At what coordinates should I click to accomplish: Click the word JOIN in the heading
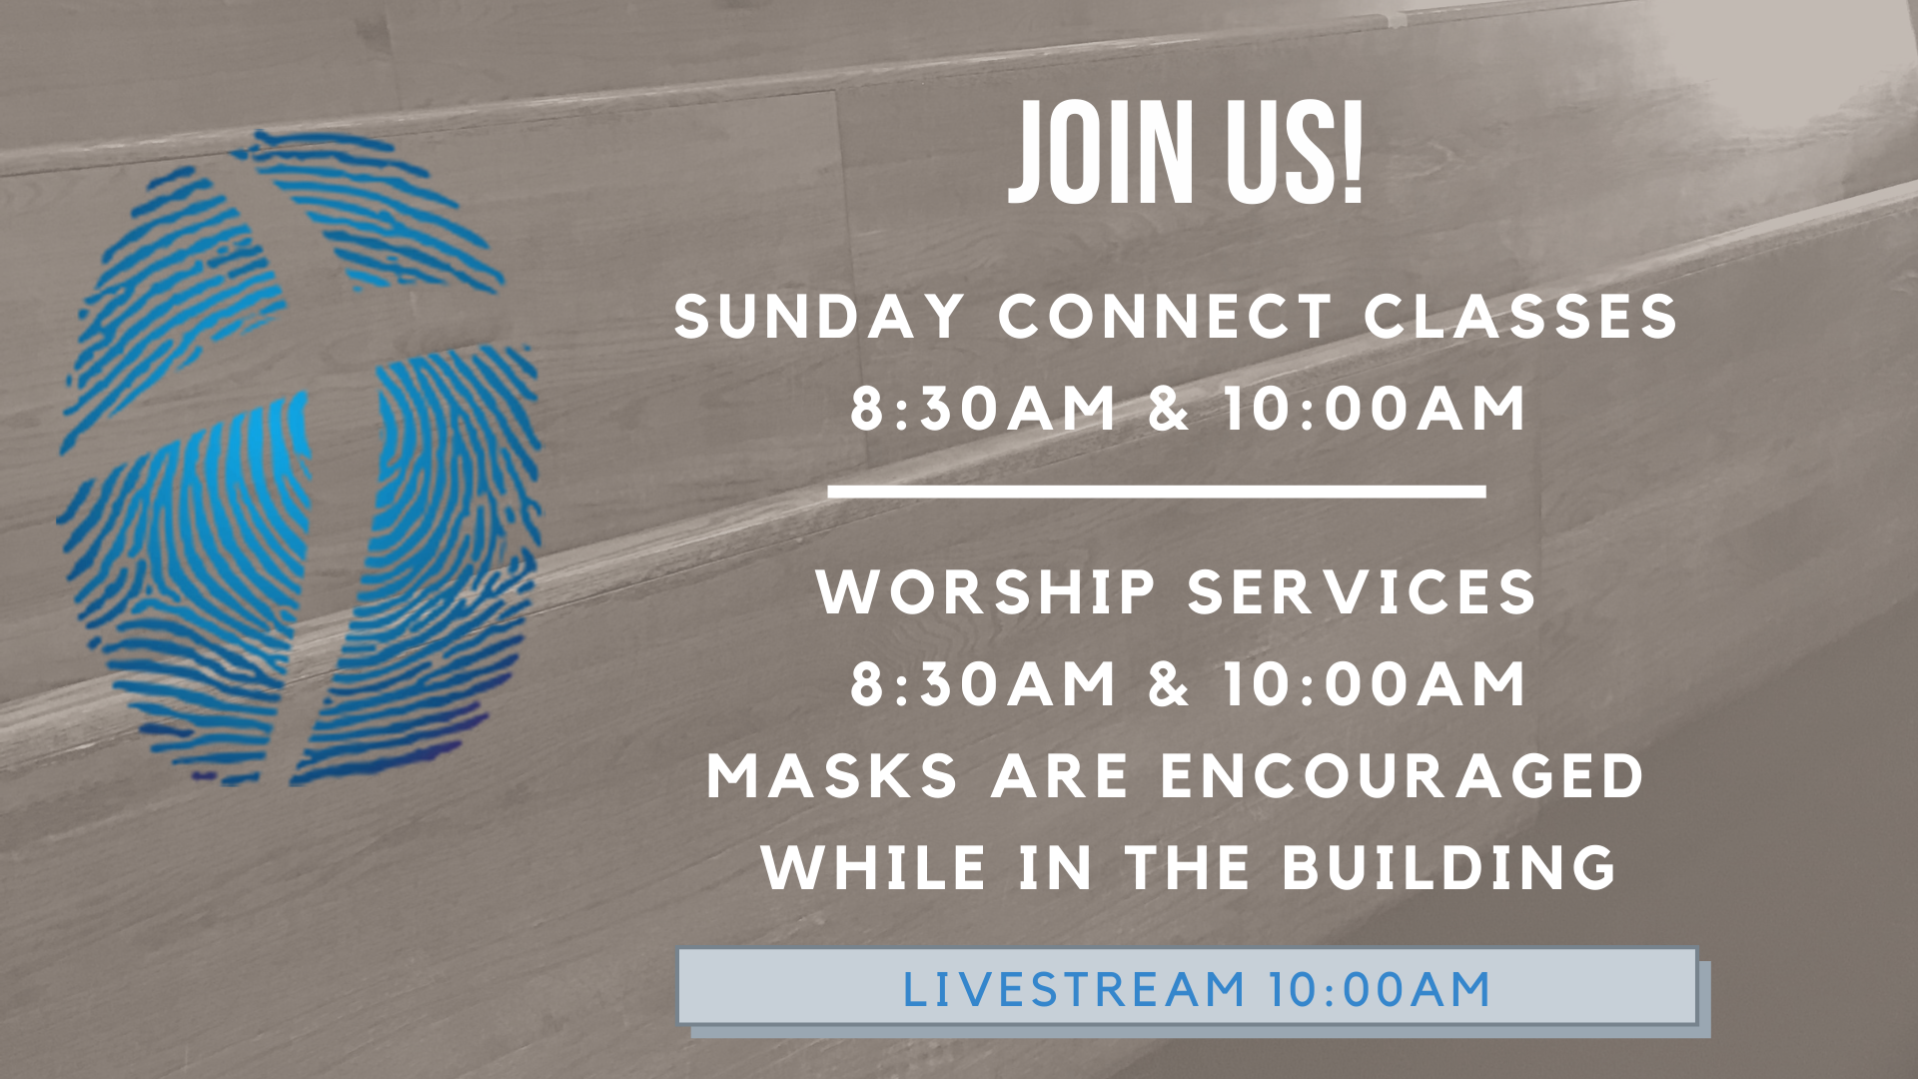coord(1100,153)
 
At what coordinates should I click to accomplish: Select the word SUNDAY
coord(820,317)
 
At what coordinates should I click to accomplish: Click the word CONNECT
coord(1165,317)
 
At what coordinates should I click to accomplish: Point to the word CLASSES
coord(1520,317)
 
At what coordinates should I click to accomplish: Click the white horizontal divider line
coord(1157,491)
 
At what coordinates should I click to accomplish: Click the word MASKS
coord(833,775)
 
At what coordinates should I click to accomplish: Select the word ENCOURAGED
coord(1402,775)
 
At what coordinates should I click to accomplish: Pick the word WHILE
coord(874,867)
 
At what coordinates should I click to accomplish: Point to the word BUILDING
coord(1448,867)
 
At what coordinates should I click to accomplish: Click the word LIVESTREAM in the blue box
coord(1074,990)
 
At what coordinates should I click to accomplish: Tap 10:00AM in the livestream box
coord(1380,990)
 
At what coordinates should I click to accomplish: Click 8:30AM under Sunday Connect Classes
coord(983,409)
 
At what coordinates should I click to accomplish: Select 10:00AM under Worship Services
coord(1376,684)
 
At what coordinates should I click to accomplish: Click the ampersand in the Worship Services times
coord(1169,684)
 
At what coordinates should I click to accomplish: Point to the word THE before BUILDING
coord(1189,867)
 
